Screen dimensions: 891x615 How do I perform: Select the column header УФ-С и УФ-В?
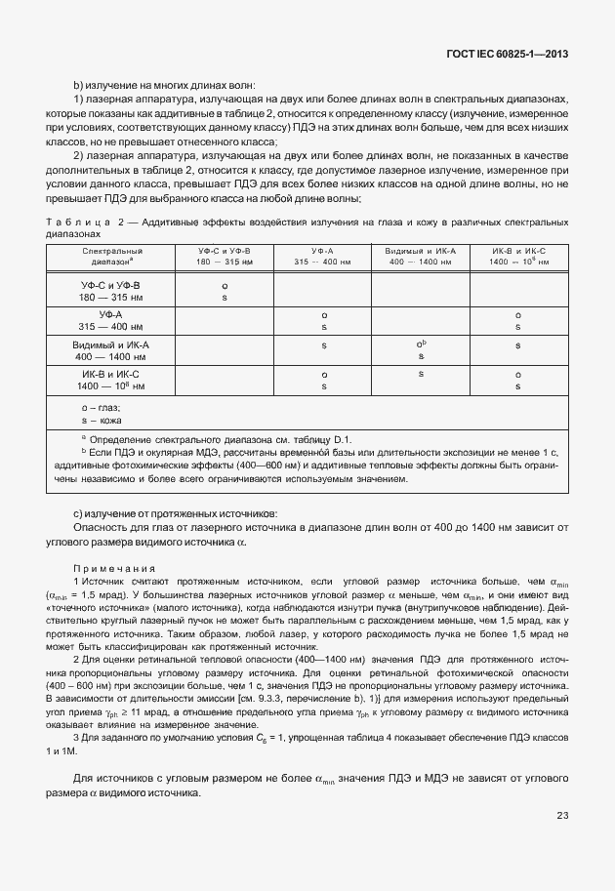[x=225, y=256]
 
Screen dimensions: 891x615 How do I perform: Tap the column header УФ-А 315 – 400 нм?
[x=322, y=256]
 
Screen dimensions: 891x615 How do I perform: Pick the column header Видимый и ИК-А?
[x=420, y=256]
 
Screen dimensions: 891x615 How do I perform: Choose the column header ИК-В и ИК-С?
[x=517, y=256]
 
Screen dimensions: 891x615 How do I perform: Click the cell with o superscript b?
[x=421, y=344]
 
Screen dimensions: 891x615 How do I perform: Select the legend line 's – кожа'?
[x=102, y=419]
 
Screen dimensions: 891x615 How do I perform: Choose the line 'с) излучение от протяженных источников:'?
[x=176, y=512]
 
